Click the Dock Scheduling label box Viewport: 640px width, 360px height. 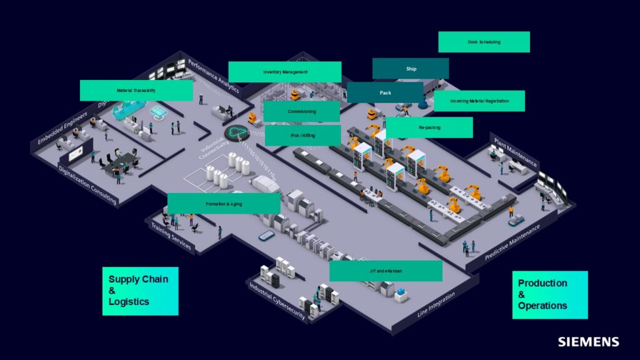484,42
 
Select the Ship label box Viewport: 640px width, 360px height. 411,69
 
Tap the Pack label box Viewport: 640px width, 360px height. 385,92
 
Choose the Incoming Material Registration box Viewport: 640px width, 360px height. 479,101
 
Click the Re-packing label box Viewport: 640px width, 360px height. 429,127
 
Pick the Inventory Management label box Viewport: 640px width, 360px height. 285,72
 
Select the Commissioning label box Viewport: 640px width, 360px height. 302,111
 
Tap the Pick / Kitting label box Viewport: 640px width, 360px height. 303,136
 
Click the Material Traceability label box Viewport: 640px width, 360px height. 136,91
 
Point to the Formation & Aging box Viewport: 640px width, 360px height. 224,204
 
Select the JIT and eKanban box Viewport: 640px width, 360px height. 386,271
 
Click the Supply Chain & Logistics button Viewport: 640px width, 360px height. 140,291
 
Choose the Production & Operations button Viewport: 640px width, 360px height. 550,295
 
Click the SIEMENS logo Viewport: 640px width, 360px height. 588,342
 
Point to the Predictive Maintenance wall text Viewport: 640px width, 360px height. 512,242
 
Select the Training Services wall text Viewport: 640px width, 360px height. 171,236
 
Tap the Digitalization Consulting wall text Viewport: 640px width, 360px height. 87,185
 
